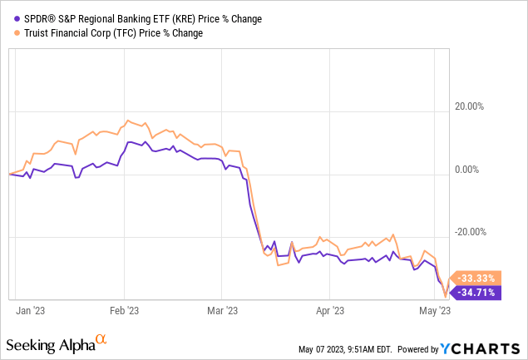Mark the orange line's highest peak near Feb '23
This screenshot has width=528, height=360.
pyautogui.click(x=126, y=121)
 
